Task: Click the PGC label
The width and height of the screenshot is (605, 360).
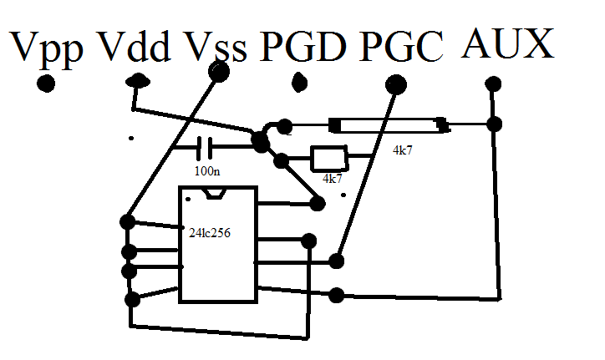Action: (x=402, y=48)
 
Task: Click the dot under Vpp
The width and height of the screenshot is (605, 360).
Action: (x=46, y=84)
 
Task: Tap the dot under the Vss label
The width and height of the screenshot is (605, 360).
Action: (x=219, y=72)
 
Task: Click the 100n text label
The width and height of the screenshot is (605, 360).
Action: (x=207, y=171)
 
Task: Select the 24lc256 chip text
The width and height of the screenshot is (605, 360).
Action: (x=211, y=234)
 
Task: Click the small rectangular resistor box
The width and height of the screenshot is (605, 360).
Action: (x=328, y=158)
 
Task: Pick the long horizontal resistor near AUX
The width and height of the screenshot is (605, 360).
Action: (x=389, y=126)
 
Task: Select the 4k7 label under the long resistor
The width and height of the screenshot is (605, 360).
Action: (x=403, y=152)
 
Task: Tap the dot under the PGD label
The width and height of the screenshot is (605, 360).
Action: (x=300, y=84)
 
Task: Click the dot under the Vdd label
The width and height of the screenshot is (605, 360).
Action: (x=138, y=81)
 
